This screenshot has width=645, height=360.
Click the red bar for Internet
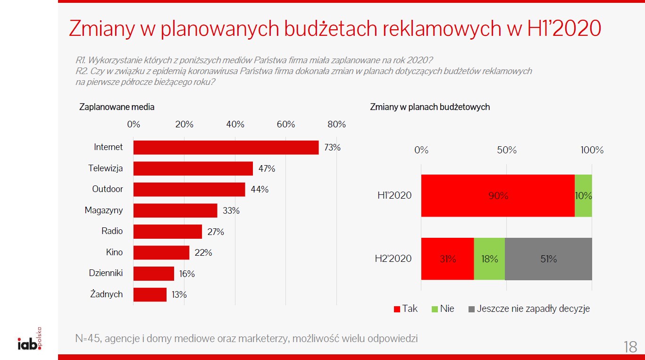tap(226, 147)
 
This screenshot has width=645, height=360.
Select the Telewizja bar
tap(193, 168)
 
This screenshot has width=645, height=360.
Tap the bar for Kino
tap(161, 252)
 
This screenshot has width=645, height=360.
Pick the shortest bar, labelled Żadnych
tap(150, 294)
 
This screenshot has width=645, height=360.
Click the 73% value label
tap(332, 147)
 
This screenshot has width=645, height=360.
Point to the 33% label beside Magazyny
tap(231, 210)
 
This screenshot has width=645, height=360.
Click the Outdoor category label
tap(107, 189)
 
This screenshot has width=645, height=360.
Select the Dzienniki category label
tap(106, 273)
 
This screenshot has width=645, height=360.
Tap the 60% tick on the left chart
tap(285, 125)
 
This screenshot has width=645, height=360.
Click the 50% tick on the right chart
tap(507, 151)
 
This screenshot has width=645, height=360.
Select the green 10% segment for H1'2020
tap(583, 195)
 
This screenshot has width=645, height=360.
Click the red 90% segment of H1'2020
tap(498, 195)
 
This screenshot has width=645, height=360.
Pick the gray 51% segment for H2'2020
tap(548, 259)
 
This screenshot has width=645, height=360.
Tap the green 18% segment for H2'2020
tap(489, 259)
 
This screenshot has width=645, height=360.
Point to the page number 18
tap(630, 347)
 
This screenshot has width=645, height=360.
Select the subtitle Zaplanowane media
tap(117, 107)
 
